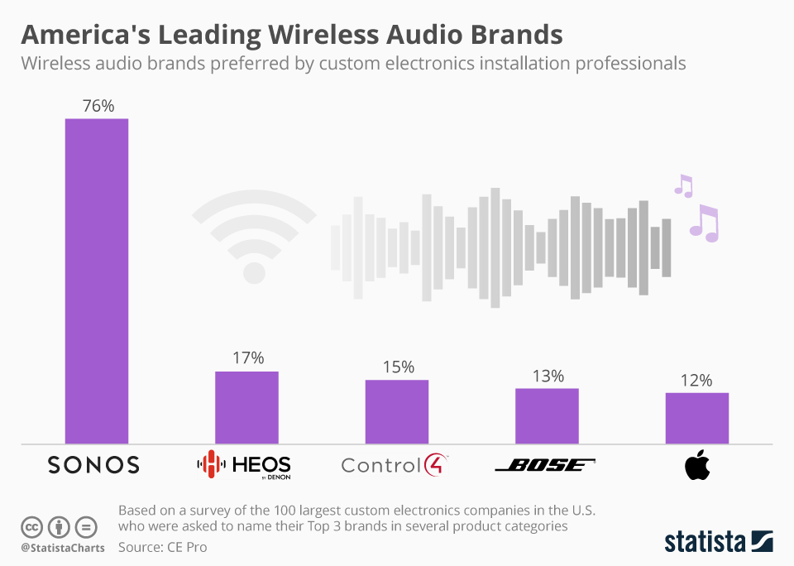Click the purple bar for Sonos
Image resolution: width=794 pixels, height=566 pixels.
(x=97, y=281)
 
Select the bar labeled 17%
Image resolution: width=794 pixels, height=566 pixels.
(x=246, y=407)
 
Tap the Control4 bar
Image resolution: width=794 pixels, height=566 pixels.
(x=397, y=411)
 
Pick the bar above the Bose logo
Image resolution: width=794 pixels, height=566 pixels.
(x=547, y=415)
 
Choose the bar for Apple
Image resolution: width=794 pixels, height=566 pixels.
(x=697, y=418)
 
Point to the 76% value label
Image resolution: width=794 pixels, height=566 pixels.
(x=98, y=106)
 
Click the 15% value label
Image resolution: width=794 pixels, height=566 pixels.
(x=398, y=367)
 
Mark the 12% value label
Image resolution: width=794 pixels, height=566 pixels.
(x=696, y=381)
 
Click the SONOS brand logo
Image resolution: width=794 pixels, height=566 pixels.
(x=93, y=465)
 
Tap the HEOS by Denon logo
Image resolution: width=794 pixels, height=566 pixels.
(x=243, y=465)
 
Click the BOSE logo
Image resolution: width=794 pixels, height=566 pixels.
(x=545, y=465)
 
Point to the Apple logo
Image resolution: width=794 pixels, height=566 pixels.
(x=696, y=466)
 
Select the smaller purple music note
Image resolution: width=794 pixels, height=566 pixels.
(x=683, y=185)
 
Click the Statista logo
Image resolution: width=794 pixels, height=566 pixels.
(x=718, y=542)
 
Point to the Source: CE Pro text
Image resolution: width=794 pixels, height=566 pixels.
(x=163, y=547)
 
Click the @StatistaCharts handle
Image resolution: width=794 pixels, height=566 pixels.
(x=62, y=548)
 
